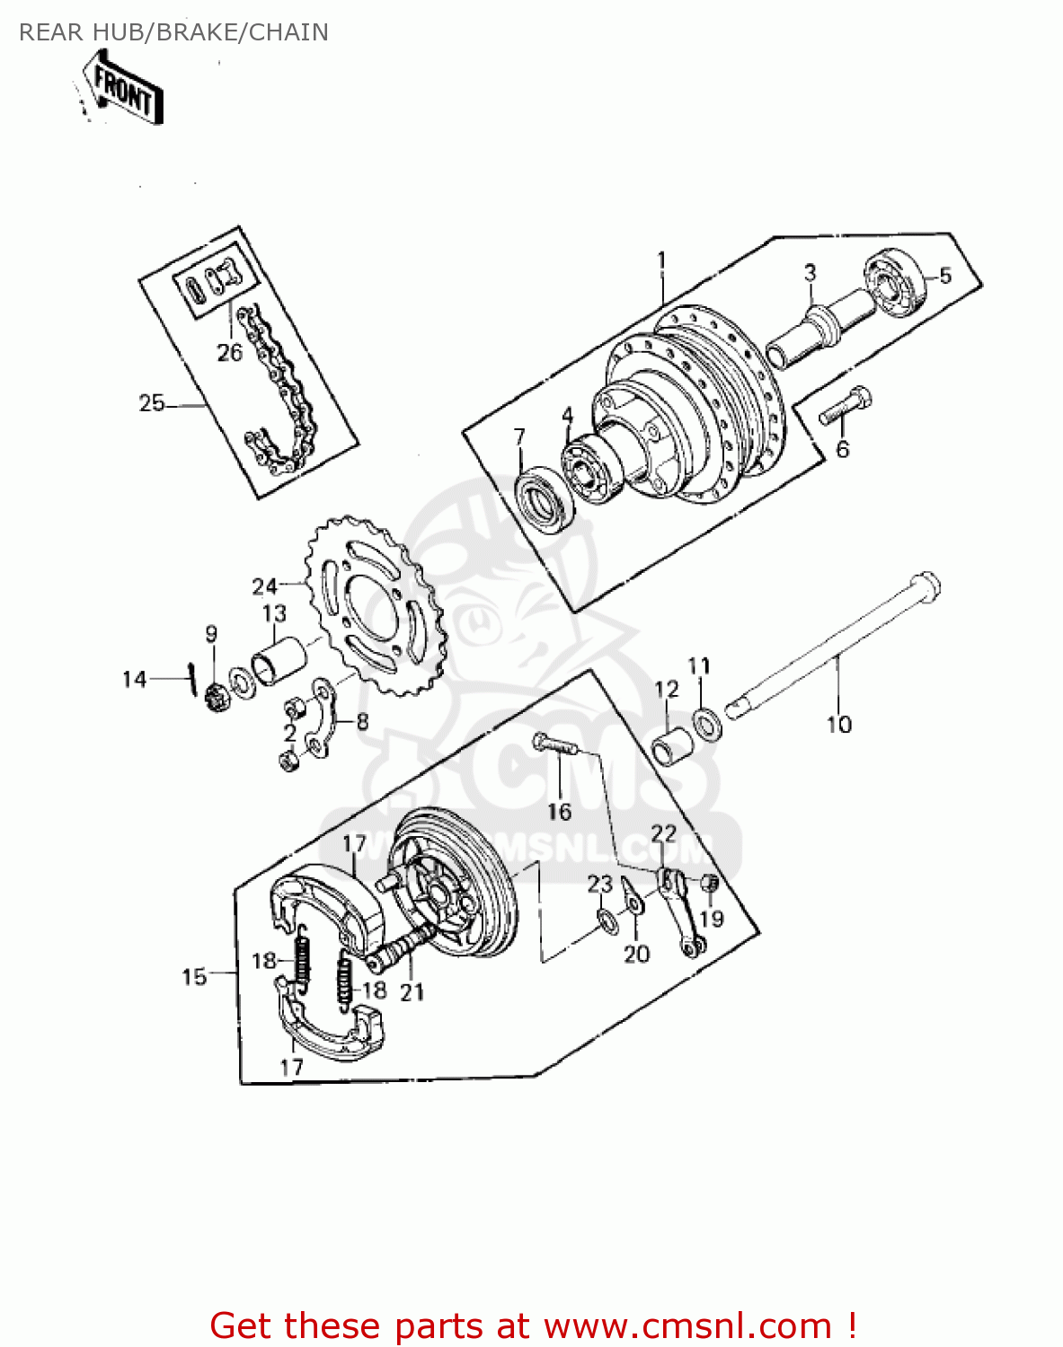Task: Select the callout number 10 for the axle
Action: point(838,725)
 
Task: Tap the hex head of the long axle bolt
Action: point(926,587)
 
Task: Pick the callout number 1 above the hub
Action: point(661,261)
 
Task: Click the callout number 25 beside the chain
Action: point(151,403)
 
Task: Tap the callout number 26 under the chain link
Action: point(229,352)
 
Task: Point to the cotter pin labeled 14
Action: point(191,677)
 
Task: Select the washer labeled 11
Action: point(707,722)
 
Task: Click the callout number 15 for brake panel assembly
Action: point(194,976)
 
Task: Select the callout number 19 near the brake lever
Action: point(712,919)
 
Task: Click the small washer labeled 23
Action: point(605,919)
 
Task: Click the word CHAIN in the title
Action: point(288,32)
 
